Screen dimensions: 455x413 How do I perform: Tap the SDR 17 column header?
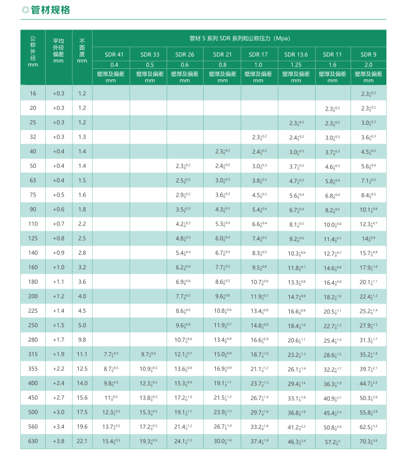[259, 54]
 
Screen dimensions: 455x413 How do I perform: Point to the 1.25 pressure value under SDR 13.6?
[296, 65]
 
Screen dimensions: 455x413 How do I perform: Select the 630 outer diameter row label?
[32, 441]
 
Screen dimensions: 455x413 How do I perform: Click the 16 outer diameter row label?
[32, 94]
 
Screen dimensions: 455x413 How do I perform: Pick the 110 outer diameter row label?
[32, 224]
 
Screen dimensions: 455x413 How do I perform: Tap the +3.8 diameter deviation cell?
[58, 441]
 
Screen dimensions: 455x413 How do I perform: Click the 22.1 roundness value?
[82, 441]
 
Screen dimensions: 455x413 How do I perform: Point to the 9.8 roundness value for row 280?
[82, 340]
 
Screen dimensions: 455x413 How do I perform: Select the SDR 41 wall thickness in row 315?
[110, 354]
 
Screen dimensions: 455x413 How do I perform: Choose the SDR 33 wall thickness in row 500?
[149, 412]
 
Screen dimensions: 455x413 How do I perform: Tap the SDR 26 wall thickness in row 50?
[184, 166]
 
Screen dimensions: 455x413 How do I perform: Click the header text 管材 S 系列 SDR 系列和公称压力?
[239, 39]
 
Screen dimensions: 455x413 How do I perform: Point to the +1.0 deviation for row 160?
[58, 267]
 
